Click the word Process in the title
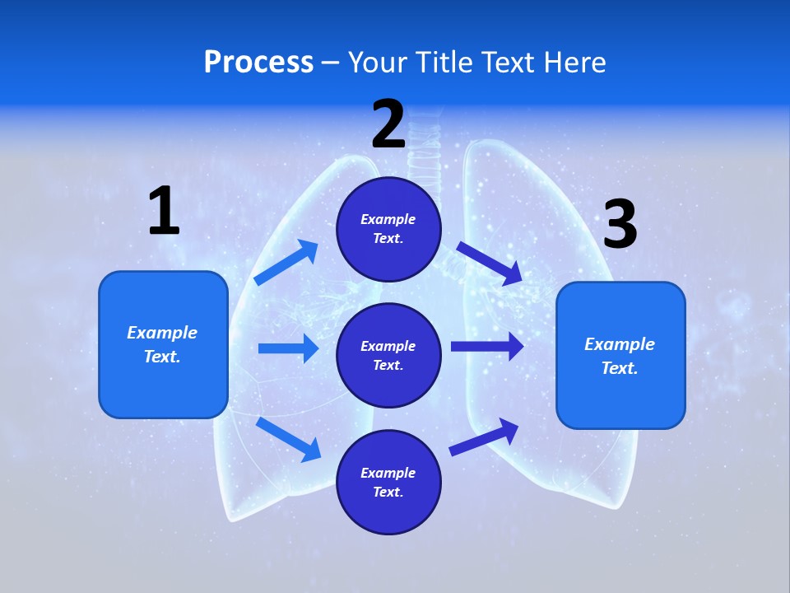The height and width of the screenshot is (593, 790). click(x=258, y=62)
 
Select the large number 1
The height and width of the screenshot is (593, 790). click(x=164, y=211)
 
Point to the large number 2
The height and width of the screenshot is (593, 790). click(x=388, y=124)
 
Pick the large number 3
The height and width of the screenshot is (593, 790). click(x=620, y=224)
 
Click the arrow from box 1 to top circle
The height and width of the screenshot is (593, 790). click(x=286, y=263)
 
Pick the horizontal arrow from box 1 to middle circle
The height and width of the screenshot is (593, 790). click(x=288, y=348)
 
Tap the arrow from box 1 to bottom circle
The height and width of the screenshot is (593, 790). click(x=288, y=439)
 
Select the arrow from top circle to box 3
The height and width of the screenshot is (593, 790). click(x=490, y=263)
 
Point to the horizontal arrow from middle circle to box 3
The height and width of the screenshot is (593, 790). click(x=487, y=346)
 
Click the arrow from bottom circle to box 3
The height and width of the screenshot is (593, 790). click(x=484, y=437)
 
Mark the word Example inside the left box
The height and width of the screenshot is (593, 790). click(x=162, y=333)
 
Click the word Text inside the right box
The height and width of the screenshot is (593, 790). click(x=619, y=368)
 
